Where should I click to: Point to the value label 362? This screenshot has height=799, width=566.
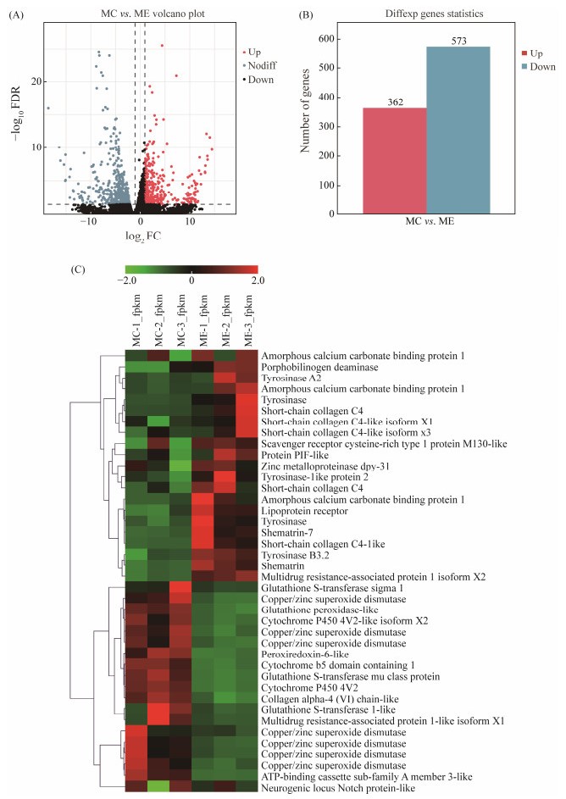point(394,102)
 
